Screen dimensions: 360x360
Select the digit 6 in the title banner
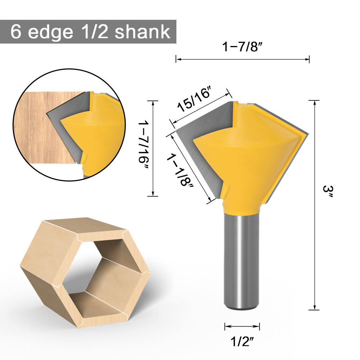[16, 32]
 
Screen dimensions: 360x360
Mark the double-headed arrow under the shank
[242, 327]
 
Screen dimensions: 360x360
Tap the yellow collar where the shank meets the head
[240, 208]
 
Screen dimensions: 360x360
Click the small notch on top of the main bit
[243, 104]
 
